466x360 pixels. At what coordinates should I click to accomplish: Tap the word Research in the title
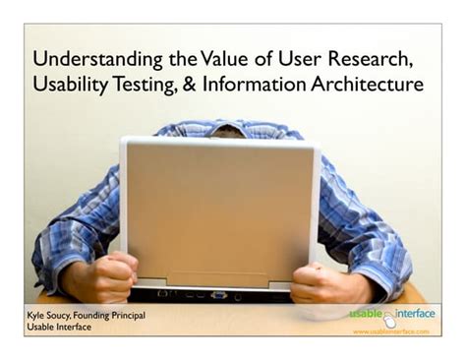[370, 57]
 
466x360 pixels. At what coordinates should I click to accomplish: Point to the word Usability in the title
[71, 86]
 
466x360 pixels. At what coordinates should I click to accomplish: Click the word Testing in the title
[145, 86]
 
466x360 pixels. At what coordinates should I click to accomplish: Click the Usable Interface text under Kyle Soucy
[59, 328]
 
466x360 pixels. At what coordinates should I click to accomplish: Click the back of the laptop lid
[218, 211]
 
